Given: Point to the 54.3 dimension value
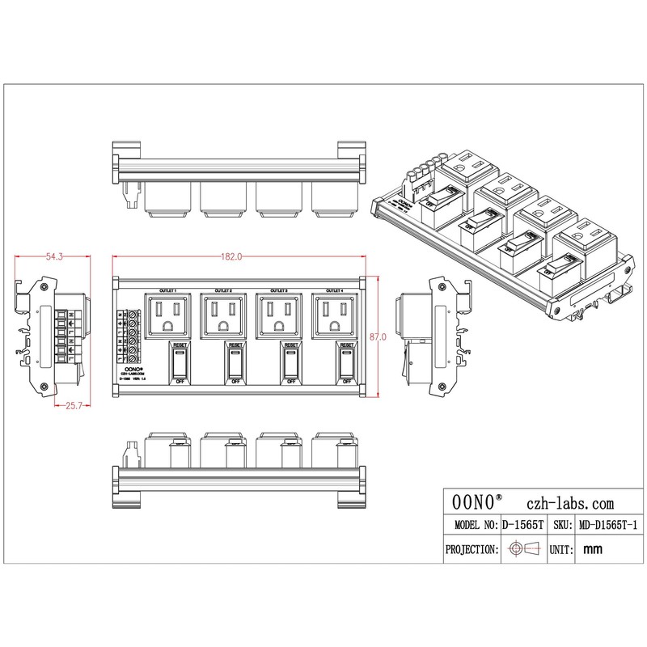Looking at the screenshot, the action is [54, 256].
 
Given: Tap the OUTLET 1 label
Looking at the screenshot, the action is [167, 290].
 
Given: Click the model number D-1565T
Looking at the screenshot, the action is [524, 524].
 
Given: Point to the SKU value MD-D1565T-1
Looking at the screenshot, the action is [608, 524].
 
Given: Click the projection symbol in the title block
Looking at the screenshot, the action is [524, 549].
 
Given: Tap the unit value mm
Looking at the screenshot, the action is [591, 549].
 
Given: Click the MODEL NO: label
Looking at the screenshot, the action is [472, 524].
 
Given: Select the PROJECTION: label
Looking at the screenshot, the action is [472, 549].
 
